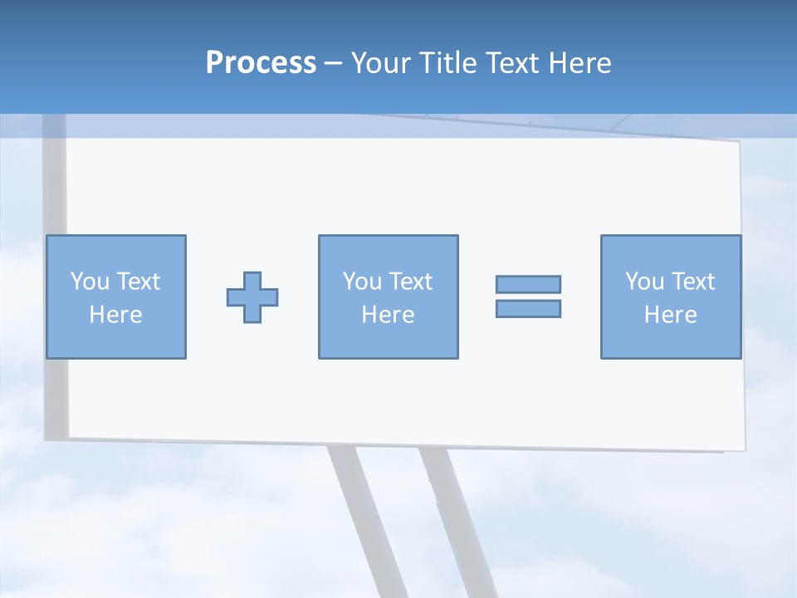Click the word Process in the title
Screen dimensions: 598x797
click(x=261, y=63)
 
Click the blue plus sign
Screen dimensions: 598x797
click(x=252, y=297)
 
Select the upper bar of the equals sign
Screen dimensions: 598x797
click(x=528, y=284)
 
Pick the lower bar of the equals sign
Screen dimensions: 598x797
click(x=528, y=308)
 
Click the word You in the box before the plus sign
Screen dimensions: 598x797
click(x=90, y=282)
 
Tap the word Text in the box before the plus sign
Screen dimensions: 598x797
click(x=137, y=282)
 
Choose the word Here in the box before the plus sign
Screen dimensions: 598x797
click(x=115, y=315)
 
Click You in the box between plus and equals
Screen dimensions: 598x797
click(x=362, y=282)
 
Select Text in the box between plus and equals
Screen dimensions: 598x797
click(x=409, y=282)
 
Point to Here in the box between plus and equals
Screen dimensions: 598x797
click(x=388, y=315)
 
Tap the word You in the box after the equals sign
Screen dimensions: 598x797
click(x=644, y=282)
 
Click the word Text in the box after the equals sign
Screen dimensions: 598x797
click(x=692, y=282)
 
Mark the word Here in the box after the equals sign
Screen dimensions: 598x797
click(x=670, y=315)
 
